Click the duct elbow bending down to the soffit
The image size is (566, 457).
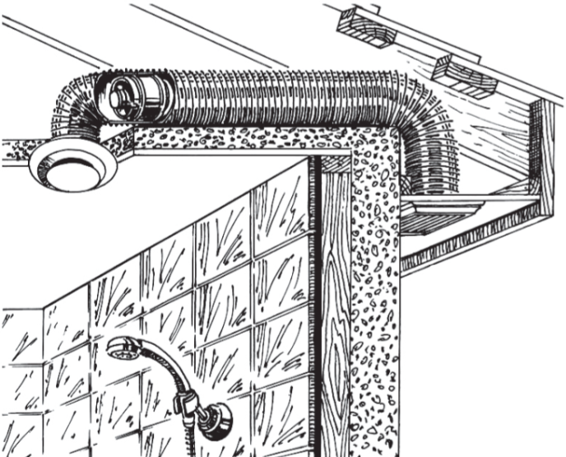(x=411, y=140)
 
